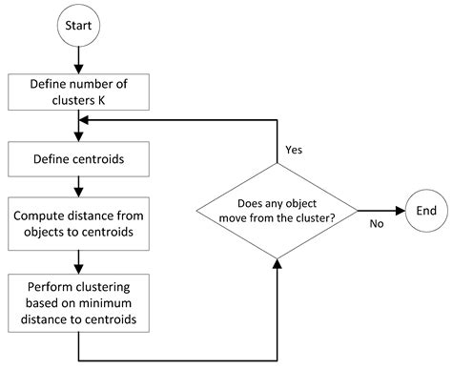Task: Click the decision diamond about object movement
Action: pos(277,210)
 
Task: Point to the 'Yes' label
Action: pos(294,150)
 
